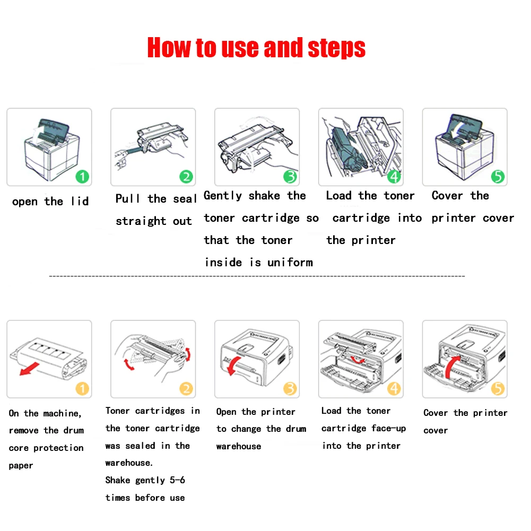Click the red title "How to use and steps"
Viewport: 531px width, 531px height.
(x=256, y=48)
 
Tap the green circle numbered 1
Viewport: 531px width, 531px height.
(x=82, y=177)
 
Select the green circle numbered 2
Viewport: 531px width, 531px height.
(x=186, y=177)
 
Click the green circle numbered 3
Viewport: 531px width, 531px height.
(x=290, y=177)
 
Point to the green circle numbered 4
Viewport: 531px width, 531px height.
(x=394, y=177)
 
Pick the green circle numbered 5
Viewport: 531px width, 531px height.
(x=498, y=177)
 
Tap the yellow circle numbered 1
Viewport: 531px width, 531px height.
(x=82, y=389)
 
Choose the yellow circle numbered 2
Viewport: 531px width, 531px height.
(x=186, y=389)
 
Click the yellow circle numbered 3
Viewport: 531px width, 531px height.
(x=290, y=389)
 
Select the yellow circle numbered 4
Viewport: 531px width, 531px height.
(x=394, y=389)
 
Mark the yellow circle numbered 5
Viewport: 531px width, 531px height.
(x=498, y=389)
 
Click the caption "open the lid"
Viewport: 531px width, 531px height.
(x=50, y=202)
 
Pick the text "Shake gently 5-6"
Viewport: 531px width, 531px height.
(x=145, y=480)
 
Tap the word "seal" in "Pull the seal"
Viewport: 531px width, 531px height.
(x=185, y=199)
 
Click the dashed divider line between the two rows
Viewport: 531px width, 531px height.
(x=257, y=276)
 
